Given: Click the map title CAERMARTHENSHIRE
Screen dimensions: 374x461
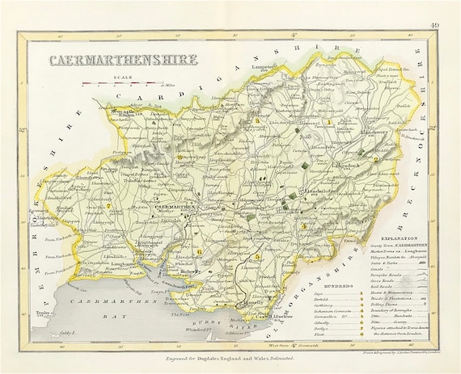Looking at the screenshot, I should [x=112, y=61].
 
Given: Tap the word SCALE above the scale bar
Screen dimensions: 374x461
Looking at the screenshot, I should [x=124, y=77].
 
